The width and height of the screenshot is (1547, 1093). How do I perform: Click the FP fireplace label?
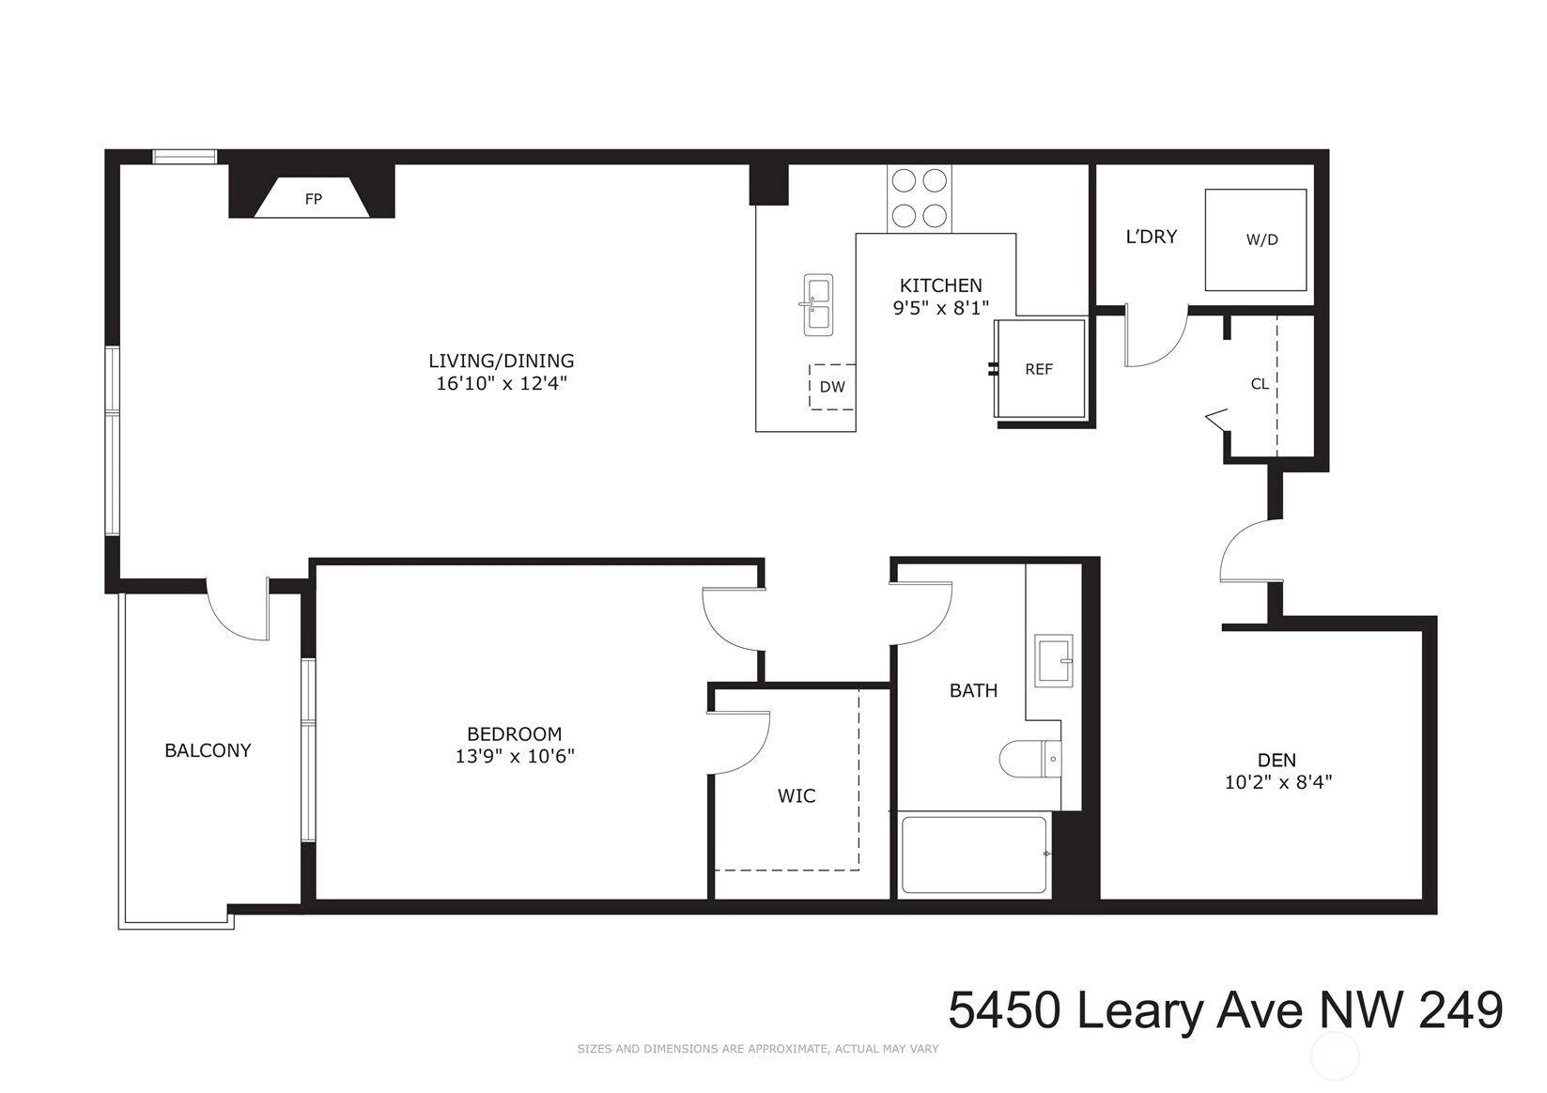click(314, 200)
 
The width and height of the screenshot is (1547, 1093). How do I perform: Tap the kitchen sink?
click(818, 304)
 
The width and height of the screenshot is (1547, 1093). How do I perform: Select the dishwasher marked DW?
click(832, 387)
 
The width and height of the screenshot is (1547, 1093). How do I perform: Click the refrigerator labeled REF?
click(1040, 368)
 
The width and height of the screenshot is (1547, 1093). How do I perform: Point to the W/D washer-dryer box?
click(1256, 239)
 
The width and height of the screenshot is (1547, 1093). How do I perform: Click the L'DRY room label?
click(1152, 237)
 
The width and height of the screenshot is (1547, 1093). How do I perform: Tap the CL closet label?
click(1260, 384)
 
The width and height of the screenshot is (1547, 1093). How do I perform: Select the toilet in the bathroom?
click(1029, 759)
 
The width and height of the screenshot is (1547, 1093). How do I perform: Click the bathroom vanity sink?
click(1053, 661)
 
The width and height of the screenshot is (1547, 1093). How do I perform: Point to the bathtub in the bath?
click(974, 855)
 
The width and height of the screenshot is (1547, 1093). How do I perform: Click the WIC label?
click(797, 796)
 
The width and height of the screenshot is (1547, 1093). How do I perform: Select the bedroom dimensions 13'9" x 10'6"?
click(515, 757)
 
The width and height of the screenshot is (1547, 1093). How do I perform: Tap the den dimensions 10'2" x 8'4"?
click(1278, 782)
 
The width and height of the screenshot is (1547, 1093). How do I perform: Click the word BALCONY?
click(208, 750)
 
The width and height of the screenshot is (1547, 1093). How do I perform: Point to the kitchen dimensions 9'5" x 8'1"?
click(941, 308)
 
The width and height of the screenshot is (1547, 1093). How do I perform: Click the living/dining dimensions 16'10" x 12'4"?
click(502, 383)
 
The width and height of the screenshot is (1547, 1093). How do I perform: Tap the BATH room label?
click(974, 690)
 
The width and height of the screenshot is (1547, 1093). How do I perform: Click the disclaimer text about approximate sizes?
click(758, 1049)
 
